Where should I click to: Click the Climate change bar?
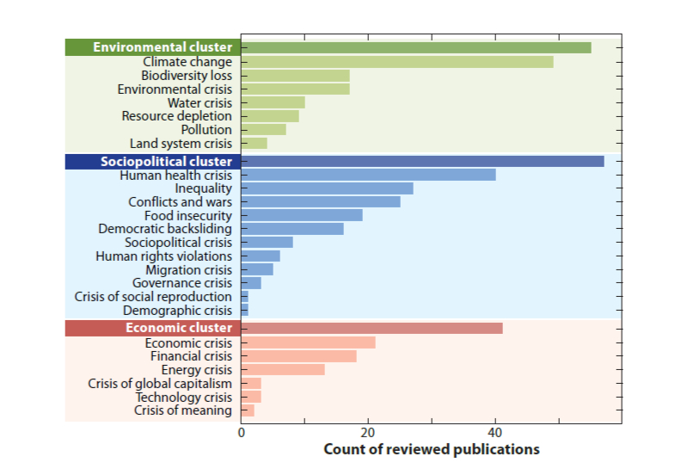point(397,62)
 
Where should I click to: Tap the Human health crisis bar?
point(369,175)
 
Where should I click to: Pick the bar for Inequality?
point(328,188)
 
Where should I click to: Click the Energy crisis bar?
point(283,370)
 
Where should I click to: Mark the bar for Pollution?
point(264,129)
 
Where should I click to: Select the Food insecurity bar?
point(302,215)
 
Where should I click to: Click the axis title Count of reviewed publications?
point(432,449)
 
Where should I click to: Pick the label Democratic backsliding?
point(165,229)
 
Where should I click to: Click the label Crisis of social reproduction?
point(153,297)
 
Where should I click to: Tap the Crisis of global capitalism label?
point(160,383)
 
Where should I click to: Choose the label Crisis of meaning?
point(183,410)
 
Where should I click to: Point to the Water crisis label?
point(199,102)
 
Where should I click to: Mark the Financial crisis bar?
point(299,356)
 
